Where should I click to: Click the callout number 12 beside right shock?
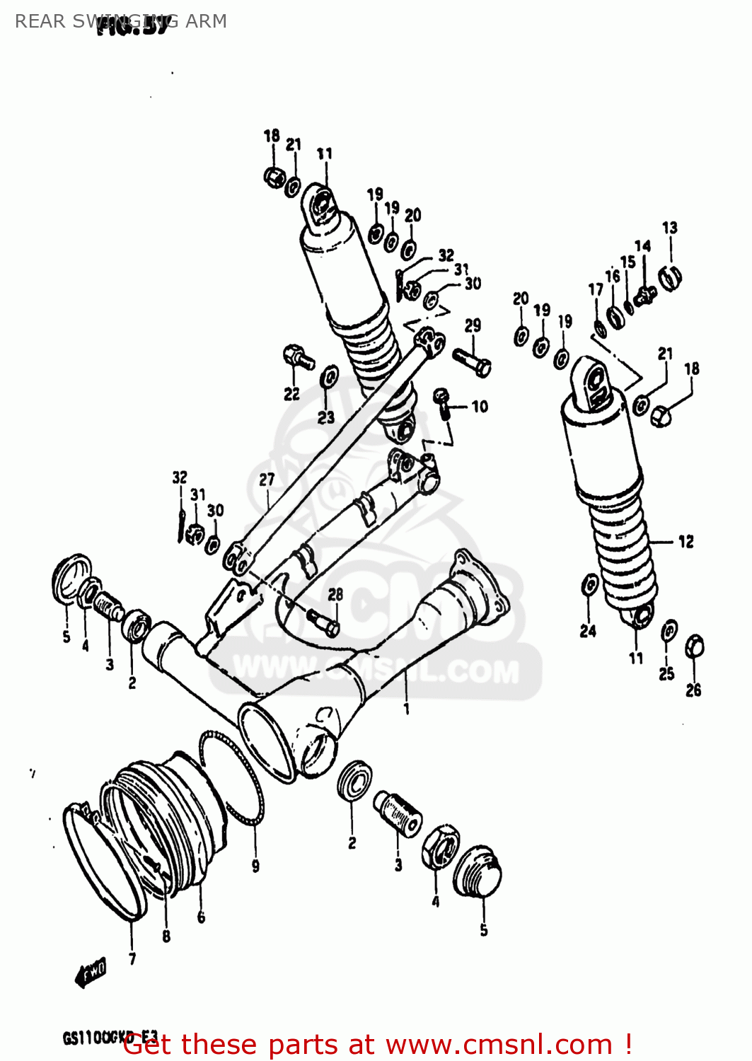pos(686,542)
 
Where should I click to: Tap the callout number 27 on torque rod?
pos(267,480)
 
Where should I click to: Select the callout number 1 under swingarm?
pos(406,708)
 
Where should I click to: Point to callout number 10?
pos(480,407)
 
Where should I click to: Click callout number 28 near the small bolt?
pos(335,595)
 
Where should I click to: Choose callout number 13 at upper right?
pos(669,228)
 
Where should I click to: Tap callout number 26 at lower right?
pos(693,690)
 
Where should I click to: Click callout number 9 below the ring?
pos(255,865)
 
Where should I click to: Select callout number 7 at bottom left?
pos(132,959)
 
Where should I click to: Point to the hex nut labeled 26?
pos(694,646)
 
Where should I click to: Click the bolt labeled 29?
pos(472,362)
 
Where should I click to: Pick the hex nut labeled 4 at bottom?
pos(440,846)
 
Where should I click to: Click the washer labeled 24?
pos(589,585)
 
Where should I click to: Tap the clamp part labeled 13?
pos(669,277)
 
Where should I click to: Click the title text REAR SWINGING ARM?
pos(120,21)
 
